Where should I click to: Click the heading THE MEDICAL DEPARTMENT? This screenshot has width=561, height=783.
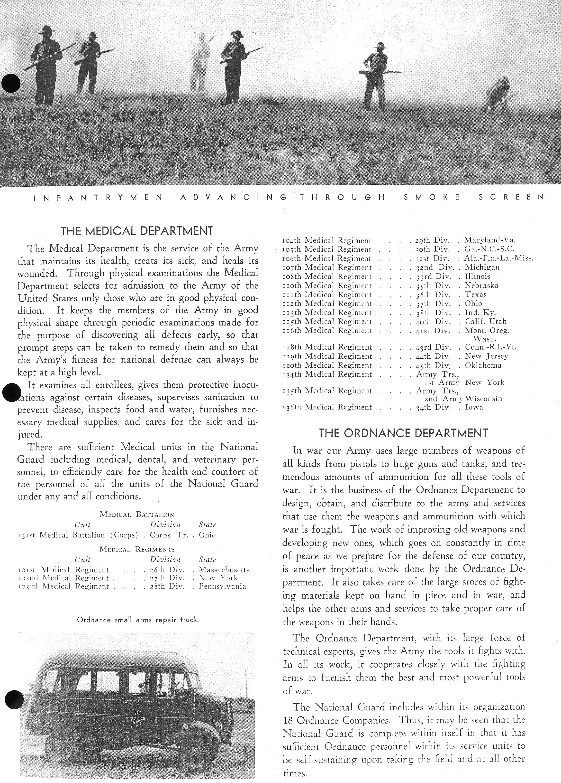[x=137, y=231]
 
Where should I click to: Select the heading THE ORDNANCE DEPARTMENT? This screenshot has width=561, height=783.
[x=403, y=433]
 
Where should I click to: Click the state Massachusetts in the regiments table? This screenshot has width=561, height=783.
[x=224, y=570]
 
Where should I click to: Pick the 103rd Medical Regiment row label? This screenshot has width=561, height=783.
[x=63, y=586]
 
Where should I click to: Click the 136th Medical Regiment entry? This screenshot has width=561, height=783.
[x=327, y=407]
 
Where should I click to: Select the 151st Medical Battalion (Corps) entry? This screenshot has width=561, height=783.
[x=78, y=535]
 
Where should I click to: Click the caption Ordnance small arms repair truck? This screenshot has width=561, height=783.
[x=138, y=620]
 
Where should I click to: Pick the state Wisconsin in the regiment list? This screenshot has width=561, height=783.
[x=483, y=399]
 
